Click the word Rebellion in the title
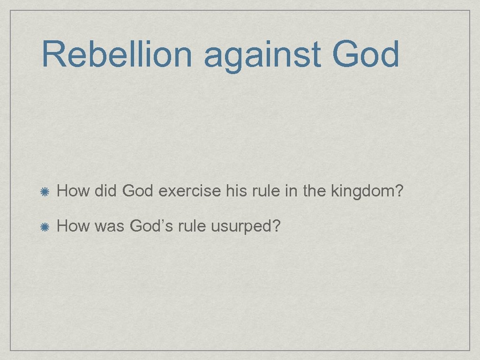pos(117,54)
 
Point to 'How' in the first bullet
pos(73,191)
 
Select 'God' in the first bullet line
pos(139,191)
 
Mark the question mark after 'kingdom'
pos(398,191)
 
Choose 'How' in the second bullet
pos(73,226)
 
